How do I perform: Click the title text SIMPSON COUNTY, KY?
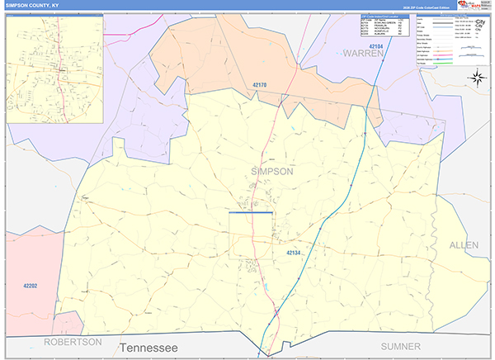click(x=32, y=5)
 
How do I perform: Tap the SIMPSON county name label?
click(x=271, y=171)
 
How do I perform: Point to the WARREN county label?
click(x=364, y=54)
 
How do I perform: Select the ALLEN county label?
click(x=464, y=245)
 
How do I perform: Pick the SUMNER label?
click(x=401, y=345)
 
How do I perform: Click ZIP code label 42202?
click(x=31, y=286)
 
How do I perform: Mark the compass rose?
click(x=476, y=78)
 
